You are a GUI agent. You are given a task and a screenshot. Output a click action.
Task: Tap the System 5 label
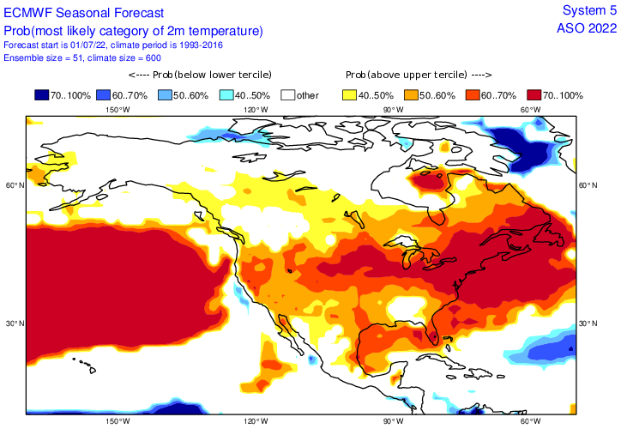click(588, 9)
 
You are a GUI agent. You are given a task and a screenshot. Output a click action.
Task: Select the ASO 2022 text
click(587, 27)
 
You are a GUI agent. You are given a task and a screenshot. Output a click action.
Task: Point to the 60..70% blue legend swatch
click(106, 95)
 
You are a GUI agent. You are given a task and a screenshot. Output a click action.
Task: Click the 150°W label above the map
click(118, 110)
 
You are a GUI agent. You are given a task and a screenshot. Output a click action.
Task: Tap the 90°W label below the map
click(394, 421)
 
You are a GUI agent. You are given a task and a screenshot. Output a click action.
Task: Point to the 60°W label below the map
click(531, 421)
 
